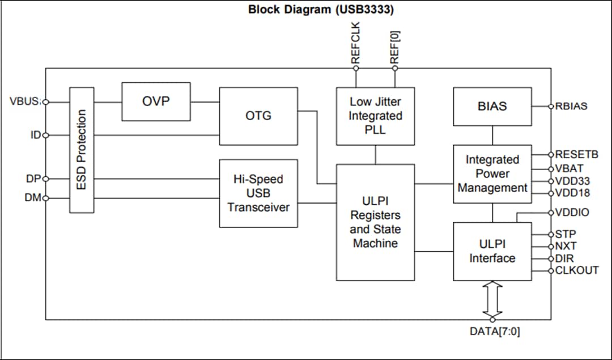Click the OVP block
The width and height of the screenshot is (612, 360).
pyautogui.click(x=156, y=101)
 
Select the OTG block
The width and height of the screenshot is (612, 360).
pyautogui.click(x=258, y=116)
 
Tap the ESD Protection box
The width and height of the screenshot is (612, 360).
pyautogui.click(x=82, y=150)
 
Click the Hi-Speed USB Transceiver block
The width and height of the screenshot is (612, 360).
pyautogui.click(x=258, y=193)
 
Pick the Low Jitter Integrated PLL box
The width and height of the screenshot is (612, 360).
pyautogui.click(x=375, y=116)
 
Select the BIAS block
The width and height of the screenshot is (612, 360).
pyautogui.click(x=492, y=106)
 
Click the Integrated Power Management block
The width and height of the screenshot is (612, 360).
pyautogui.click(x=492, y=174)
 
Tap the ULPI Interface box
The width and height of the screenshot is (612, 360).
pyautogui.click(x=492, y=251)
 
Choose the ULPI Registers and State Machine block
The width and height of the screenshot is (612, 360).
pyautogui.click(x=375, y=222)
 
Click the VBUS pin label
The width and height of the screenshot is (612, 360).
pyautogui.click(x=25, y=102)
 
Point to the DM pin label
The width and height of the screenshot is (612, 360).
pyautogui.click(x=33, y=198)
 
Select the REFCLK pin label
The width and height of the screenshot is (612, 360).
pyautogui.click(x=356, y=43)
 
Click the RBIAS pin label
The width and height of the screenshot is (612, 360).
pyautogui.click(x=571, y=106)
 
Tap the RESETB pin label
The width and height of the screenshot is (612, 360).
pyautogui.click(x=576, y=154)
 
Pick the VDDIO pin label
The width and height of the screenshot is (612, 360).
pyautogui.click(x=572, y=213)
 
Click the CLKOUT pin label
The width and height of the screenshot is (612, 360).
pyautogui.click(x=576, y=270)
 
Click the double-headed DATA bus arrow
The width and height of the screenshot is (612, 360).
pyautogui.click(x=492, y=300)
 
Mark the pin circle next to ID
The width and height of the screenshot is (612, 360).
pyautogui.click(x=46, y=135)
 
